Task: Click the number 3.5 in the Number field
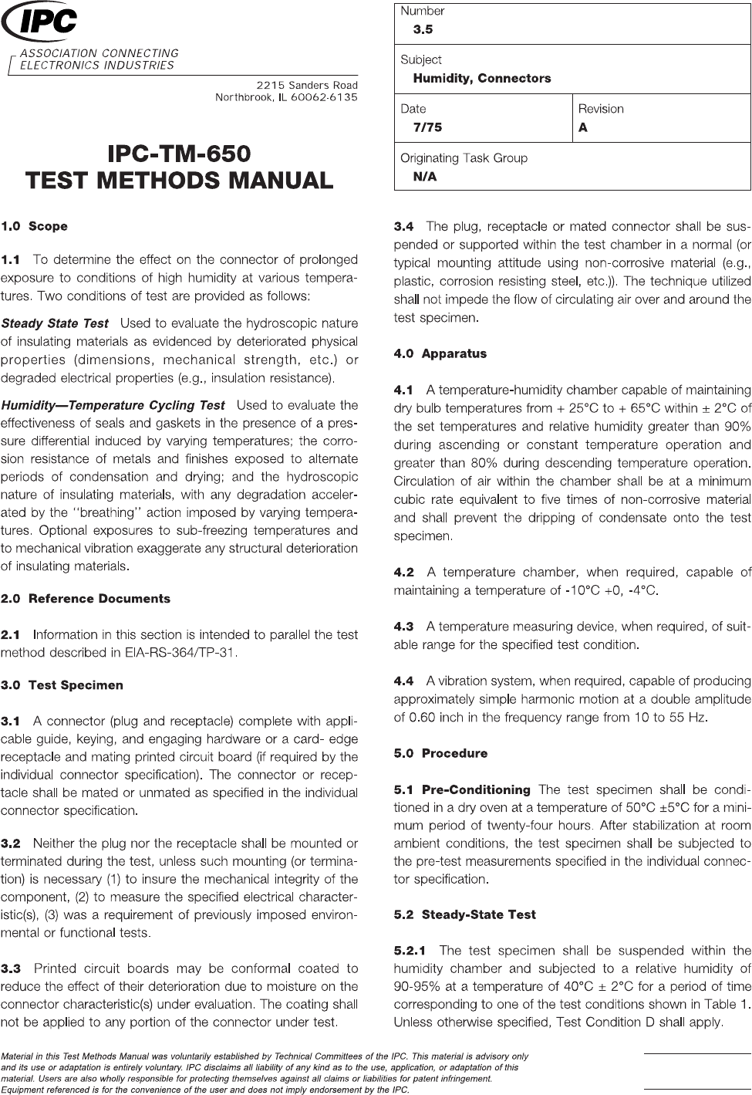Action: (423, 29)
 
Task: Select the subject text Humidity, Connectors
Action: (481, 78)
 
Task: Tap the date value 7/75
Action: (427, 127)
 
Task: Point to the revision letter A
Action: (583, 127)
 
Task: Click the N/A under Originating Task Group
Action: (424, 177)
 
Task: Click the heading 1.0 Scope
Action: (35, 226)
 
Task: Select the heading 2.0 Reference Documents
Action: (86, 599)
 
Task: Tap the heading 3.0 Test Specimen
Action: (62, 685)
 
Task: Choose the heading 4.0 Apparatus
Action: (440, 353)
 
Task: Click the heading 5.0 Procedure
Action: (440, 753)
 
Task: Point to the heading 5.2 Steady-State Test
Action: (464, 914)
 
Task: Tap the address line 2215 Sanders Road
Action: (307, 85)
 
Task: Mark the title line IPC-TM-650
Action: (180, 153)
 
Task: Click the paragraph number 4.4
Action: (403, 681)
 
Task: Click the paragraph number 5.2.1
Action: (414, 951)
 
